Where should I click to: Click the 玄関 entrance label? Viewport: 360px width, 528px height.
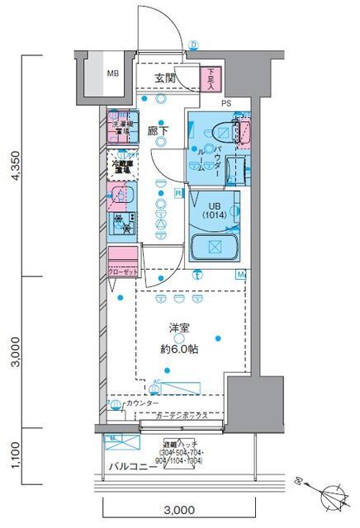point(165,78)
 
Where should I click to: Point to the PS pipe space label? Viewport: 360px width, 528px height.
point(226,103)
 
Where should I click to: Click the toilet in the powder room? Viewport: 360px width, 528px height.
point(220,130)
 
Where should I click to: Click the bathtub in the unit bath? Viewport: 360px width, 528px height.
point(213,247)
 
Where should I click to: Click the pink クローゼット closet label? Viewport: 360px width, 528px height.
point(123,270)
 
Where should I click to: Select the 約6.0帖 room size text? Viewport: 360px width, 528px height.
point(179,349)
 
